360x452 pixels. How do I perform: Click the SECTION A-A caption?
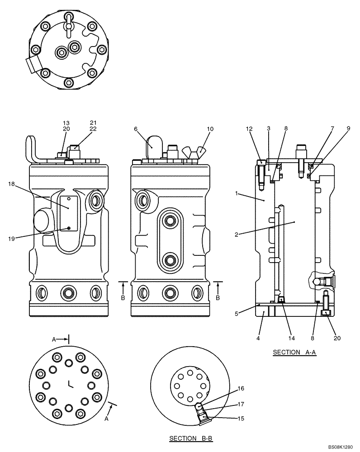294,352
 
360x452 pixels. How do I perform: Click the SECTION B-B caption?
190,438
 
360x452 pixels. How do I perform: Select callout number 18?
11,184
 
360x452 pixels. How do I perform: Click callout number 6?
136,129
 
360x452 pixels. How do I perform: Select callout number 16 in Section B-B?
241,388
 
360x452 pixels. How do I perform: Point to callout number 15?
241,419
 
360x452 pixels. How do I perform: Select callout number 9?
348,129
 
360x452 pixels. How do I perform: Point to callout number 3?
269,129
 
